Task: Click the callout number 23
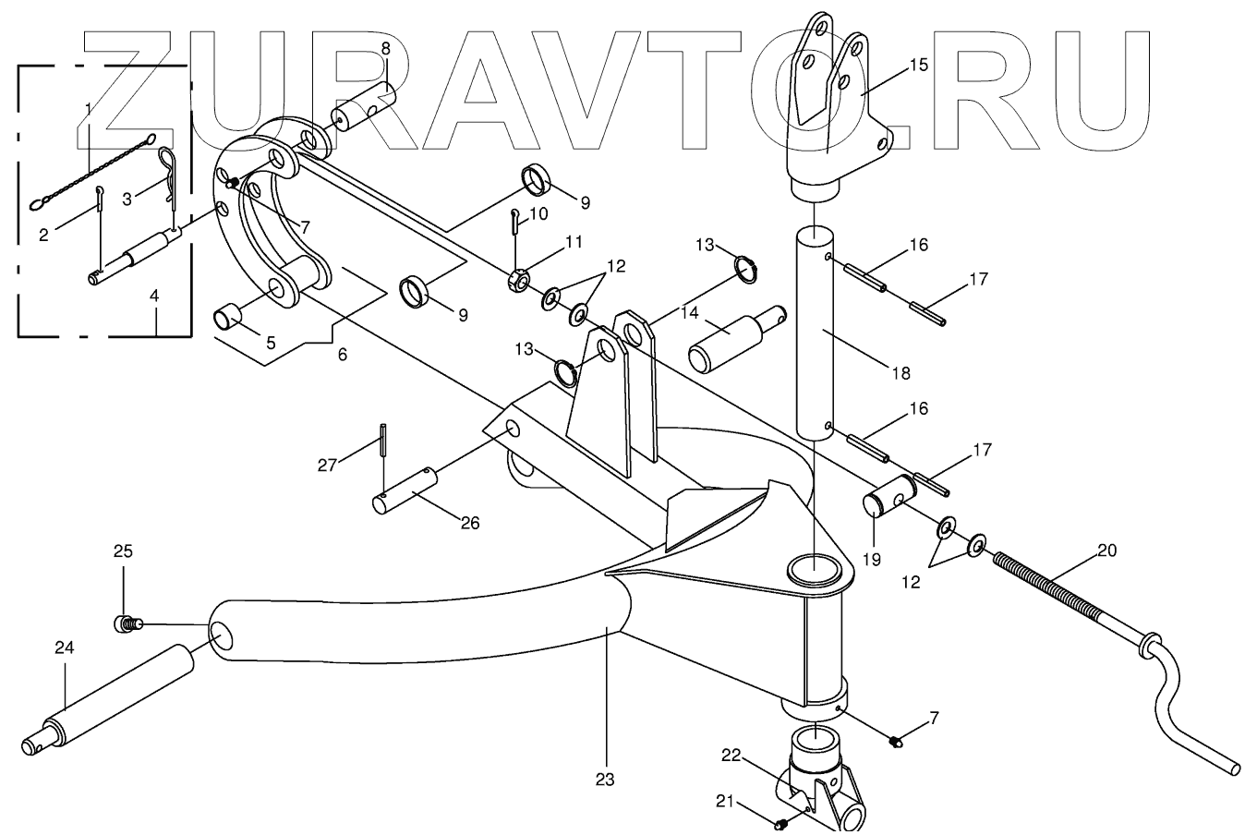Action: [x=604, y=779]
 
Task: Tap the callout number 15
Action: [x=918, y=66]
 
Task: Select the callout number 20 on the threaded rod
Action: [x=1106, y=551]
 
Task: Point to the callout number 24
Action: [x=64, y=647]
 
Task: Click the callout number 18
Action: [x=901, y=373]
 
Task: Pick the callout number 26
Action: [x=470, y=523]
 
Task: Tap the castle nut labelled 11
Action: [x=519, y=278]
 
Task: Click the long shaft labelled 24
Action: [x=120, y=690]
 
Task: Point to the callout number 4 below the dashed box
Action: [x=154, y=296]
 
